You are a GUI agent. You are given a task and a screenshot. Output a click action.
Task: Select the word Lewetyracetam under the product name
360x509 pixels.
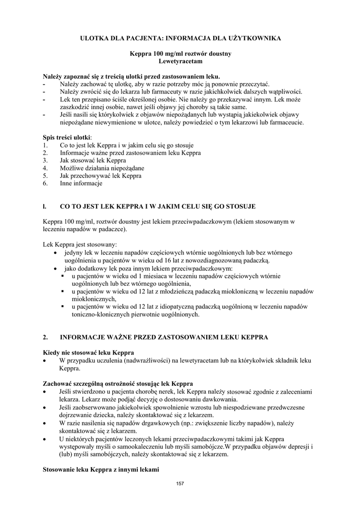180,61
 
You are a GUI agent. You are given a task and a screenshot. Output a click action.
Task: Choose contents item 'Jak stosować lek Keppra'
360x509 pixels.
92,161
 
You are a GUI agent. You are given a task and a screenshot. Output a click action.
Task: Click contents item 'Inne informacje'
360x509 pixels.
81,183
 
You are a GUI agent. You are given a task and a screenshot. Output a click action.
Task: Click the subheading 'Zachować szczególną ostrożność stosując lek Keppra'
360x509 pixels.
118,383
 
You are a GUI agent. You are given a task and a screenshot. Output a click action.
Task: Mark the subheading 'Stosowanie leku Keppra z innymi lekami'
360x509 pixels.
101,469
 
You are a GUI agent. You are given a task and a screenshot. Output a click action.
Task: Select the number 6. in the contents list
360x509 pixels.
45,183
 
